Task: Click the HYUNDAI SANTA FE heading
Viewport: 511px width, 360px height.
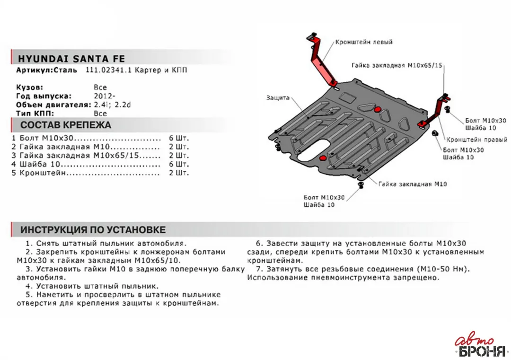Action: tap(71, 59)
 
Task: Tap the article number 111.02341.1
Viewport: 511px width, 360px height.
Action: tap(108, 70)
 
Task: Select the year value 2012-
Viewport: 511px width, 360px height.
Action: tap(104, 96)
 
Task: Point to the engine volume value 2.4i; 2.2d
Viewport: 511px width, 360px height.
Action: tap(112, 105)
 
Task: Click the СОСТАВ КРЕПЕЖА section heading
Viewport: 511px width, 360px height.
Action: tap(65, 125)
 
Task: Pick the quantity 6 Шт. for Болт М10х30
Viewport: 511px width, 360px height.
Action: tap(179, 138)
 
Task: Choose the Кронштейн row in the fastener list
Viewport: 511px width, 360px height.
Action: tap(100, 173)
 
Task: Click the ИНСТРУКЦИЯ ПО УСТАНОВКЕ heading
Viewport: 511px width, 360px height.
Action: tap(93, 230)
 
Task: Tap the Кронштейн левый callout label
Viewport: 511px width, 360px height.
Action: tap(364, 42)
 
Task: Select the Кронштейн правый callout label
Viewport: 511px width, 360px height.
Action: tap(476, 140)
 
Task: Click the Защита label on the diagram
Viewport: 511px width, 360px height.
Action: tap(278, 98)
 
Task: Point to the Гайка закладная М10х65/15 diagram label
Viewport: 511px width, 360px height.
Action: tap(396, 65)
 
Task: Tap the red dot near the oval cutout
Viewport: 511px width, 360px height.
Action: tap(323, 158)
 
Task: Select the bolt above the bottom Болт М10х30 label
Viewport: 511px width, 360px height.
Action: tap(361, 185)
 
